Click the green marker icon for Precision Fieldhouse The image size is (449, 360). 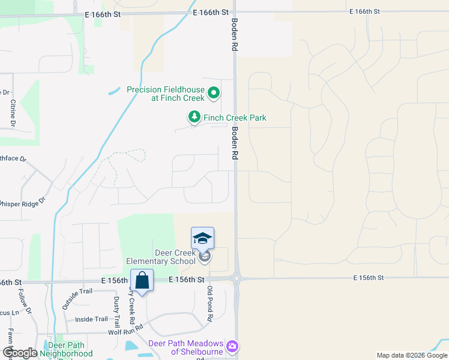point(214,94)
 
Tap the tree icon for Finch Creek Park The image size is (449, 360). point(194,118)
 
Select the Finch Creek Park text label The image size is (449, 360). point(235,118)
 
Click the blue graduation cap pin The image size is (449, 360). point(202,238)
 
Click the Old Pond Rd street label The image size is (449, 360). point(210,304)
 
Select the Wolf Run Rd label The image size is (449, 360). point(125,329)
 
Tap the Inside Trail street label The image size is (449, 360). point(91,319)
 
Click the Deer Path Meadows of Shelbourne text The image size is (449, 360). point(185,347)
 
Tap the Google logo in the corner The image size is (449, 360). point(19,353)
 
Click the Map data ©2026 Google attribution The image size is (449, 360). point(411,355)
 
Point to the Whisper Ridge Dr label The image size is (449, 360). point(22,203)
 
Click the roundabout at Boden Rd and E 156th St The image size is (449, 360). point(237,278)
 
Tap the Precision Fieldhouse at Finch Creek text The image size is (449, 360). point(166,94)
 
